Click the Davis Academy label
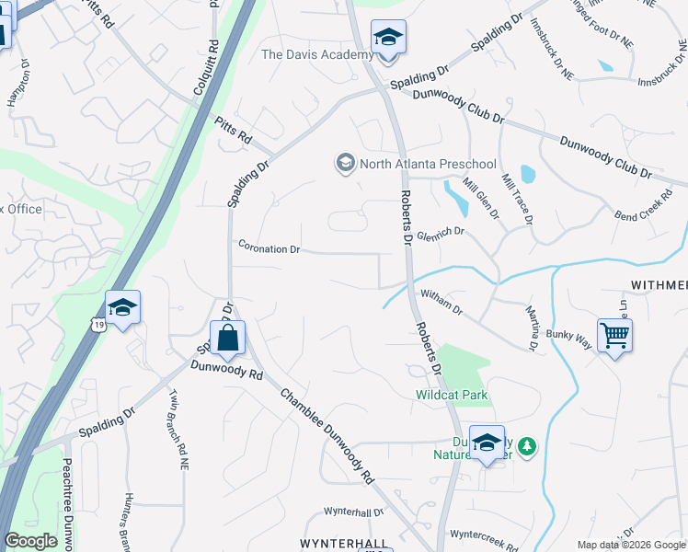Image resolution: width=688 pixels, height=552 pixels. [x=317, y=54]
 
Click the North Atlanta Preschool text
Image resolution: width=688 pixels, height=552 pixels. [x=415, y=164]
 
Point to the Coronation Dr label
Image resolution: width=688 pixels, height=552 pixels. [x=269, y=248]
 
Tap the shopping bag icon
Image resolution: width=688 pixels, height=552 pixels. [x=227, y=338]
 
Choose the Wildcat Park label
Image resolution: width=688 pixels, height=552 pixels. [x=451, y=395]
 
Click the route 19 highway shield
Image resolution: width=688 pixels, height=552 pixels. [x=97, y=324]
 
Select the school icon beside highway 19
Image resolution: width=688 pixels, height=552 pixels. [x=122, y=308]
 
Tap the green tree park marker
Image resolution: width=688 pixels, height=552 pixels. [x=526, y=446]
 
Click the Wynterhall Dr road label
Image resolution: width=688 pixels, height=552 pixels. [x=354, y=512]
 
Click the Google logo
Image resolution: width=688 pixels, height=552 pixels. [x=31, y=541]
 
